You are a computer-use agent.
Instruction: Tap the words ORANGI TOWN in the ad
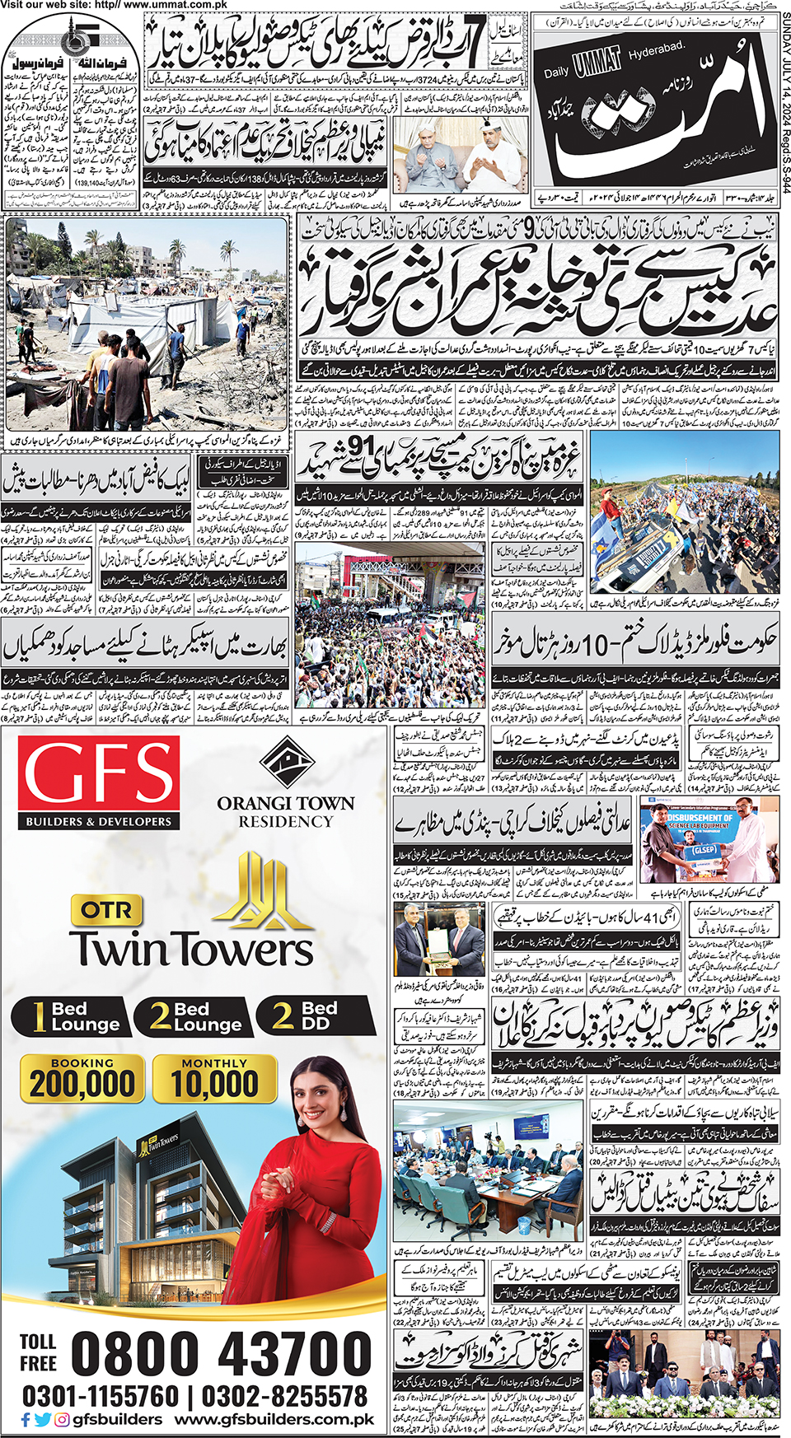(286, 803)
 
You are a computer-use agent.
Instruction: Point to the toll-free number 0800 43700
(222, 1354)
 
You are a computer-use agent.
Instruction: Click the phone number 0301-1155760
(101, 1397)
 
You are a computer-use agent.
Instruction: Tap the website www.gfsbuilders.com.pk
(274, 1420)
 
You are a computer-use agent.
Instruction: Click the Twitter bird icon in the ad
(44, 1420)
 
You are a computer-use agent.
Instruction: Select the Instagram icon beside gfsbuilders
(62, 1420)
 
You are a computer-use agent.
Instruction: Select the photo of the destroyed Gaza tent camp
(147, 323)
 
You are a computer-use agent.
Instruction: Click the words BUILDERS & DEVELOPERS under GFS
(99, 821)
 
